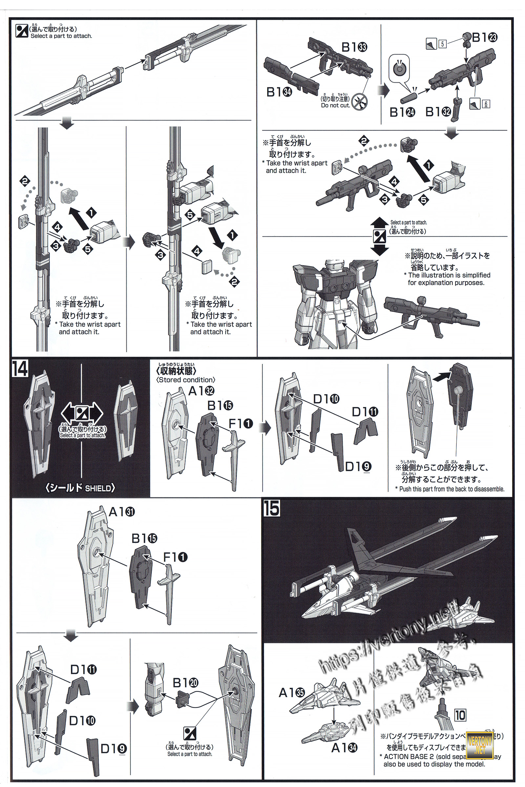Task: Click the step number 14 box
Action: coord(20,369)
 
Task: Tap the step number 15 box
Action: coord(271,509)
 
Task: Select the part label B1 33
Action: coord(354,48)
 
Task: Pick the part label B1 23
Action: coord(484,37)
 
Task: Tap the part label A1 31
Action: coord(121,512)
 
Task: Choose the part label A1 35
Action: coord(292,693)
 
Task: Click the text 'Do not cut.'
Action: coord(335,105)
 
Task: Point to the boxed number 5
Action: coord(442,44)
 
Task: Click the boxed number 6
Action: coord(486,104)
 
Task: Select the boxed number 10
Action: coord(460,716)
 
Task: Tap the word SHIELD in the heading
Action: coord(98,488)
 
